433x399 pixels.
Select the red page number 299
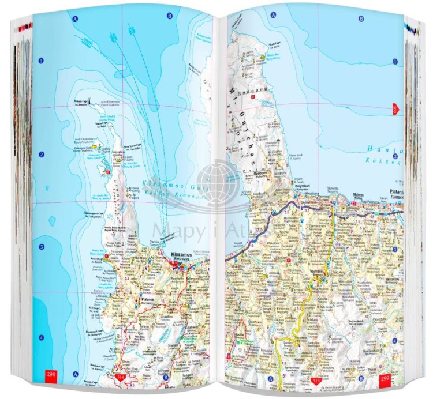pos(385,379)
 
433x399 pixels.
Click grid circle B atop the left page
pos(170,16)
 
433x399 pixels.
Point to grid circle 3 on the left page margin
pos(42,247)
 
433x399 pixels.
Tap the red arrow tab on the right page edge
pos(395,108)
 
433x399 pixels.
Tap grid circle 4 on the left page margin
pos(42,337)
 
